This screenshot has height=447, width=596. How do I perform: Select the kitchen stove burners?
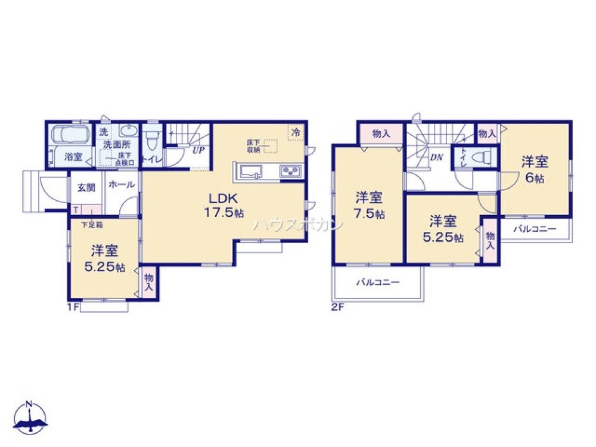[x=290, y=172]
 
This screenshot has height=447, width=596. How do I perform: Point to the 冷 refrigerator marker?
[x=295, y=132]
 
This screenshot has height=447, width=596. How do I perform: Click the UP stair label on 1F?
[x=198, y=150]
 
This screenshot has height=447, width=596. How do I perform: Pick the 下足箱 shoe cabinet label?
[x=92, y=225]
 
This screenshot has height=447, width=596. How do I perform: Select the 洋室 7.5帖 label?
[x=370, y=205]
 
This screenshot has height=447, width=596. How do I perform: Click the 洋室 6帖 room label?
[x=535, y=169]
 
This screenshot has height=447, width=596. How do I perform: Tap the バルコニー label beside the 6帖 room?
[x=535, y=229]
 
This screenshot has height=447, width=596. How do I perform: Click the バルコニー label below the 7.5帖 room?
[x=378, y=283]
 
